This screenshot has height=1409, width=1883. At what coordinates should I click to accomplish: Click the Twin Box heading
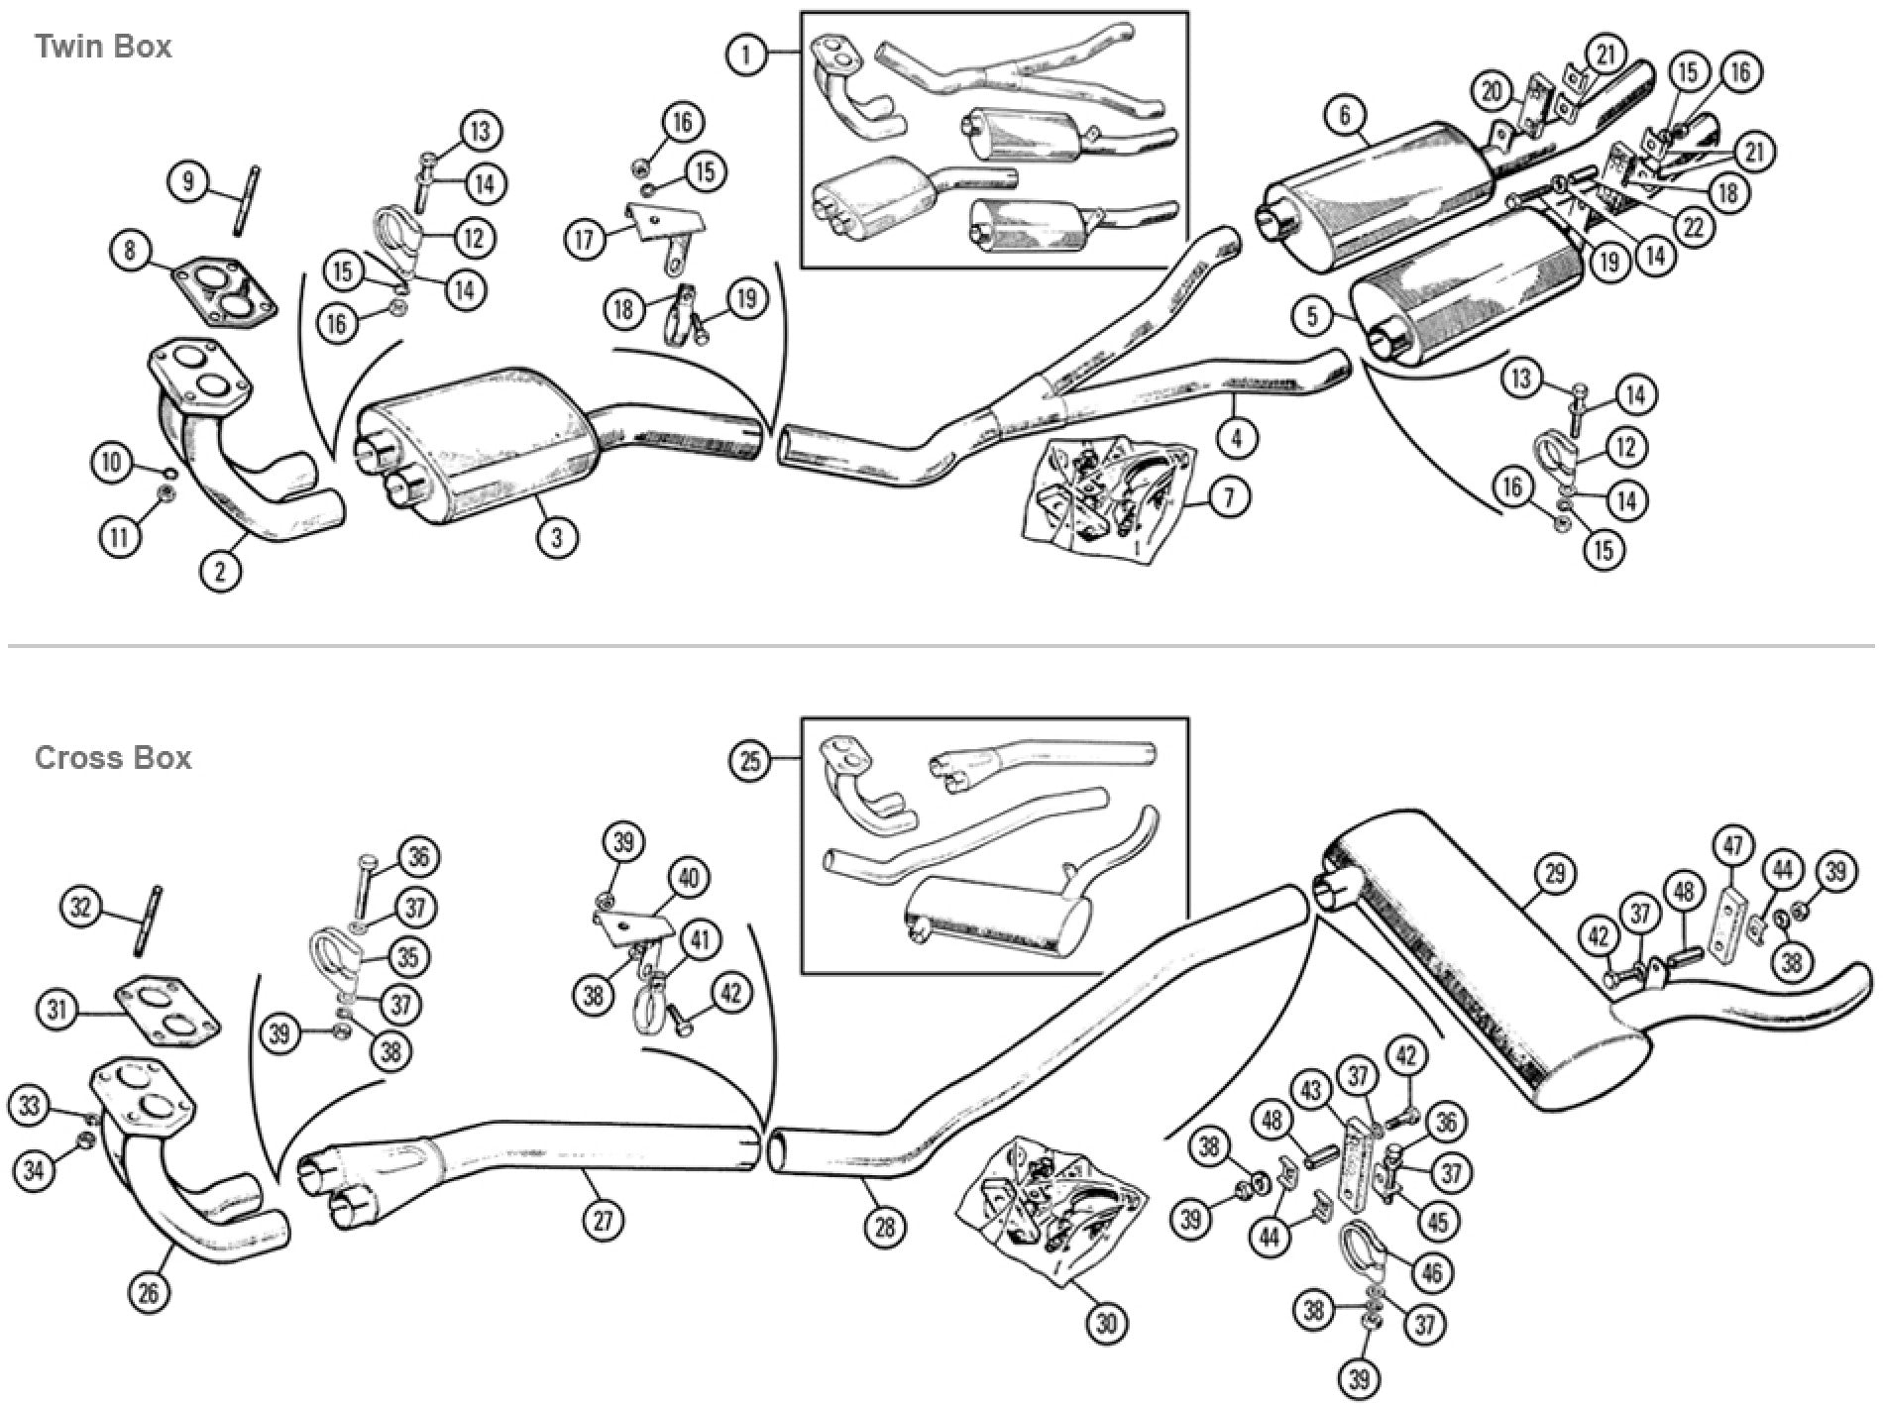[102, 47]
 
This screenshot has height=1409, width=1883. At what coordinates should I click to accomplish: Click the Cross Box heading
[112, 758]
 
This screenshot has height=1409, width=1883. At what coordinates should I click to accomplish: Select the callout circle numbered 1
[748, 54]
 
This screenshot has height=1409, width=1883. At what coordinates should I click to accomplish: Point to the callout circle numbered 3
[557, 537]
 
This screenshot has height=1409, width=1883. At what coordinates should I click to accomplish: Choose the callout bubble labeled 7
[1228, 497]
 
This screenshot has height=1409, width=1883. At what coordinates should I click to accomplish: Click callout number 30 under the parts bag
[1106, 1322]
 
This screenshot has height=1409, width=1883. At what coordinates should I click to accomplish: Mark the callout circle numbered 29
[1553, 874]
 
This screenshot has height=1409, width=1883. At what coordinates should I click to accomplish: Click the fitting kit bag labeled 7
[1105, 495]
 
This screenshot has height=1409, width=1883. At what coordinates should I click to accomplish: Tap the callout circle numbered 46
[1431, 1271]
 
